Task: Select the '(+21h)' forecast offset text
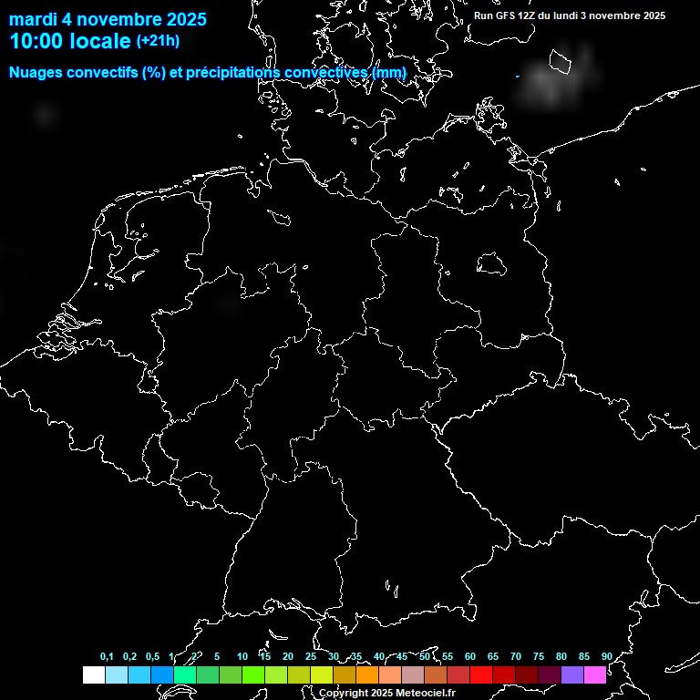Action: pos(158,40)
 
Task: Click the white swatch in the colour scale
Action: pos(94,675)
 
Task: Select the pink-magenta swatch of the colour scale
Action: pos(595,675)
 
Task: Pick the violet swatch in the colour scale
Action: pos(572,675)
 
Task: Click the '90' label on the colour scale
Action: pos(607,657)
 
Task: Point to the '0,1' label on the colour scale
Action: pos(107,657)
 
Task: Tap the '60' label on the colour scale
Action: pos(470,657)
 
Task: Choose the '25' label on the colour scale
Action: pos(311,657)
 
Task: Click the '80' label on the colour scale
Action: pos(561,657)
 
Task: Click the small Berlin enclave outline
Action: pos(491,263)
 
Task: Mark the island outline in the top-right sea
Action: pos(561,61)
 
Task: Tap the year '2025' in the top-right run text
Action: pos(651,15)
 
